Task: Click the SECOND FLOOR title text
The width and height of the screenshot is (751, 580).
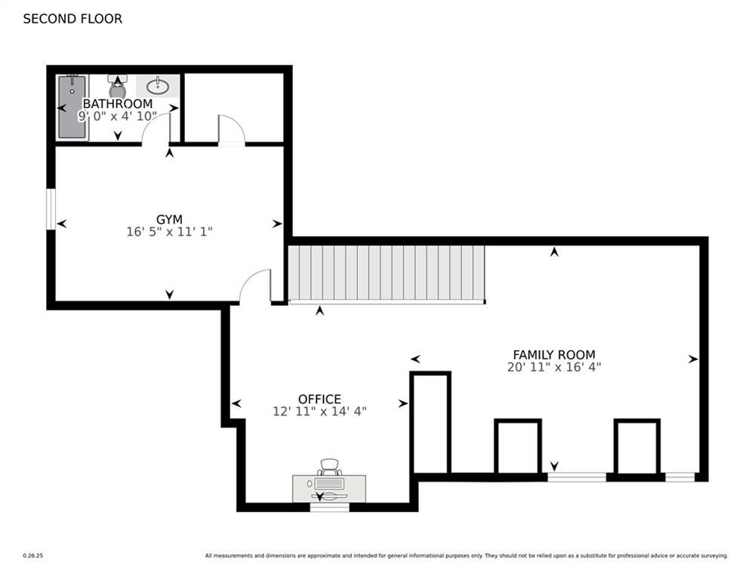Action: pyautogui.click(x=72, y=19)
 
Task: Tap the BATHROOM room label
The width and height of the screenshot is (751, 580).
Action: pyautogui.click(x=117, y=103)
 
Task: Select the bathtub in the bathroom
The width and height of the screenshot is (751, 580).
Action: pyautogui.click(x=72, y=106)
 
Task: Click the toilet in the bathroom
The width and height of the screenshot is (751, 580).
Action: pyautogui.click(x=117, y=86)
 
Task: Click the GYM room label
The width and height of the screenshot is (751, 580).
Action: pyautogui.click(x=169, y=220)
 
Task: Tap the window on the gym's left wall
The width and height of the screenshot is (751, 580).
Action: pyautogui.click(x=51, y=208)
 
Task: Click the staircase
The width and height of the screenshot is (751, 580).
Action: pyautogui.click(x=386, y=272)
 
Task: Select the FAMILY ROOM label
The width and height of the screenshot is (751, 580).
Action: pyautogui.click(x=553, y=354)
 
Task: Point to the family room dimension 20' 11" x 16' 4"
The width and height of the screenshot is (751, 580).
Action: pyautogui.click(x=553, y=367)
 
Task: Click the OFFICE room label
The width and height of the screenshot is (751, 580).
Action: pyautogui.click(x=319, y=399)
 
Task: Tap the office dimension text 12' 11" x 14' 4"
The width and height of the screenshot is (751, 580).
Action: pyautogui.click(x=319, y=412)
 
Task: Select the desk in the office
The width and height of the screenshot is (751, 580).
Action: pyautogui.click(x=329, y=487)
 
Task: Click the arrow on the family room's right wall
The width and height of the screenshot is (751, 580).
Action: pyautogui.click(x=693, y=359)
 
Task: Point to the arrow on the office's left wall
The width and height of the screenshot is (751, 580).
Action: pyautogui.click(x=236, y=404)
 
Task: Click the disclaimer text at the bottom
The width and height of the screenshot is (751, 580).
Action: pyautogui.click(x=466, y=556)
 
